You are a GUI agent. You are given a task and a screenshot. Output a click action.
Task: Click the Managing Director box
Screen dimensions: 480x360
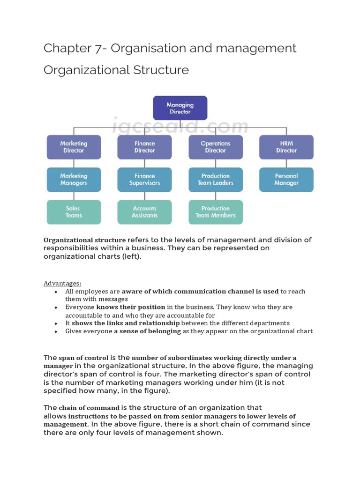[180, 108]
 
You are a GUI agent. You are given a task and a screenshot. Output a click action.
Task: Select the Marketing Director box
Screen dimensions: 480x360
[74, 147]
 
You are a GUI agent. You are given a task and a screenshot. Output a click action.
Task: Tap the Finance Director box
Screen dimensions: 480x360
[144, 147]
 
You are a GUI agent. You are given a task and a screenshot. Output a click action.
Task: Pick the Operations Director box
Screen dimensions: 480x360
[216, 147]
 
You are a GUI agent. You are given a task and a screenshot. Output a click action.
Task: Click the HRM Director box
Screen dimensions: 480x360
[286, 147]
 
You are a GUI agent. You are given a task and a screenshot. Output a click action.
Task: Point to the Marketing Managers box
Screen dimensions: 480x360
[74, 180]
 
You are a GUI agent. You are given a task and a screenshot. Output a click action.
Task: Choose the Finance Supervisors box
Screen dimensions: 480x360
[144, 180]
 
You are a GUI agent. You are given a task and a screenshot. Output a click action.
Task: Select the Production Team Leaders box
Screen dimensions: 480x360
[216, 180]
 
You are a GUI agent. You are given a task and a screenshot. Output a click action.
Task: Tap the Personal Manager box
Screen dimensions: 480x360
[286, 180]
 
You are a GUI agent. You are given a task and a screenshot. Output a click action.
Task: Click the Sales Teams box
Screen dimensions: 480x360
[74, 212]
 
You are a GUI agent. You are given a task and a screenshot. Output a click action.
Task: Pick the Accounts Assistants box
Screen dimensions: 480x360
[144, 212]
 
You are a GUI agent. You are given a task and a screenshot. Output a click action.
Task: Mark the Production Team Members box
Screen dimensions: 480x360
[216, 212]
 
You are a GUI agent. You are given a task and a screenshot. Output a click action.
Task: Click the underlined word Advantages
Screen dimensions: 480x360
[62, 283]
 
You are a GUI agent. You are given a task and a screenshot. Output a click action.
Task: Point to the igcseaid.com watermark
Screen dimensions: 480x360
[180, 126]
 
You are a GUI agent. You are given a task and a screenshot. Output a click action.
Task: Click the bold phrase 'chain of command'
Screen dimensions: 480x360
[89, 408]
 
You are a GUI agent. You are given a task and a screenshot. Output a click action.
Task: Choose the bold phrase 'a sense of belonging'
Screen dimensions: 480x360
[148, 331]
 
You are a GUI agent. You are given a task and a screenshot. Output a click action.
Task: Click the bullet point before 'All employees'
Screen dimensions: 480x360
[56, 292]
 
